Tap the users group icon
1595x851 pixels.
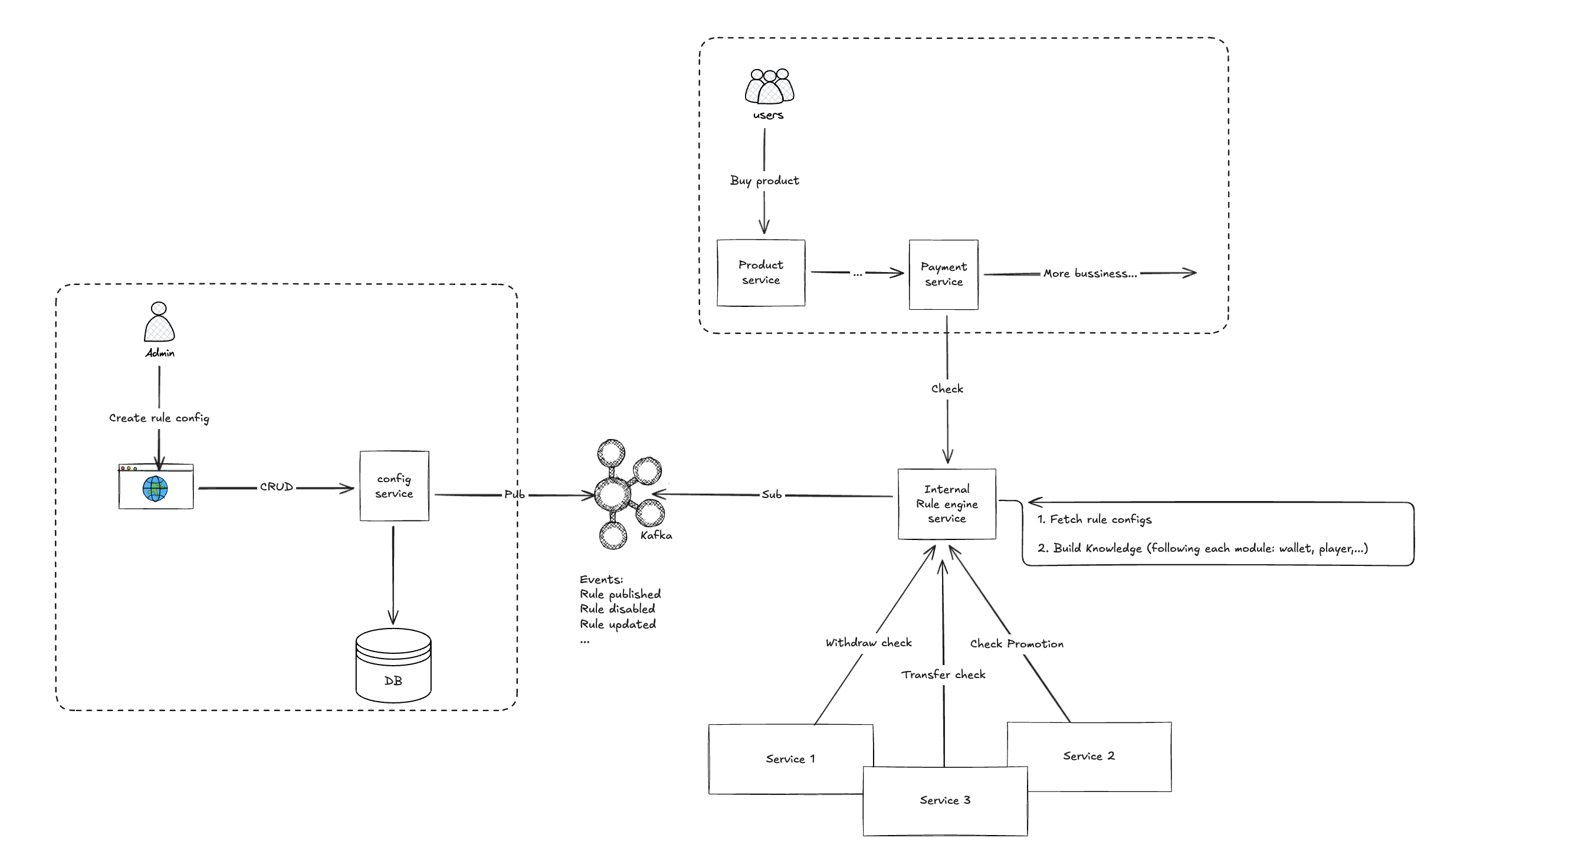click(769, 87)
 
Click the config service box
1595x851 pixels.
click(395, 486)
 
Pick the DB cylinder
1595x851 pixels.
click(393, 666)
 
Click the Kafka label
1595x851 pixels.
click(656, 535)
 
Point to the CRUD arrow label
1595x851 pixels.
click(276, 487)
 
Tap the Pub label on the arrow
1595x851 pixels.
click(514, 494)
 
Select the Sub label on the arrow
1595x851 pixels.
click(772, 494)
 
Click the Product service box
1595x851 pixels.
click(761, 273)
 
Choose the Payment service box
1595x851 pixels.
click(944, 274)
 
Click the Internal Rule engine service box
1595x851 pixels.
click(947, 503)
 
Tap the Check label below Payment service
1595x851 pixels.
click(947, 388)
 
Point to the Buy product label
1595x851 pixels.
click(764, 180)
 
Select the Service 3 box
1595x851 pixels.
click(946, 800)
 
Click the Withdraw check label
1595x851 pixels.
click(869, 642)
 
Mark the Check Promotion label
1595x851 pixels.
click(1017, 643)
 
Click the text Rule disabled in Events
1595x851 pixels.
click(618, 609)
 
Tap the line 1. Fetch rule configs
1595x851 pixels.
click(1095, 519)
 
